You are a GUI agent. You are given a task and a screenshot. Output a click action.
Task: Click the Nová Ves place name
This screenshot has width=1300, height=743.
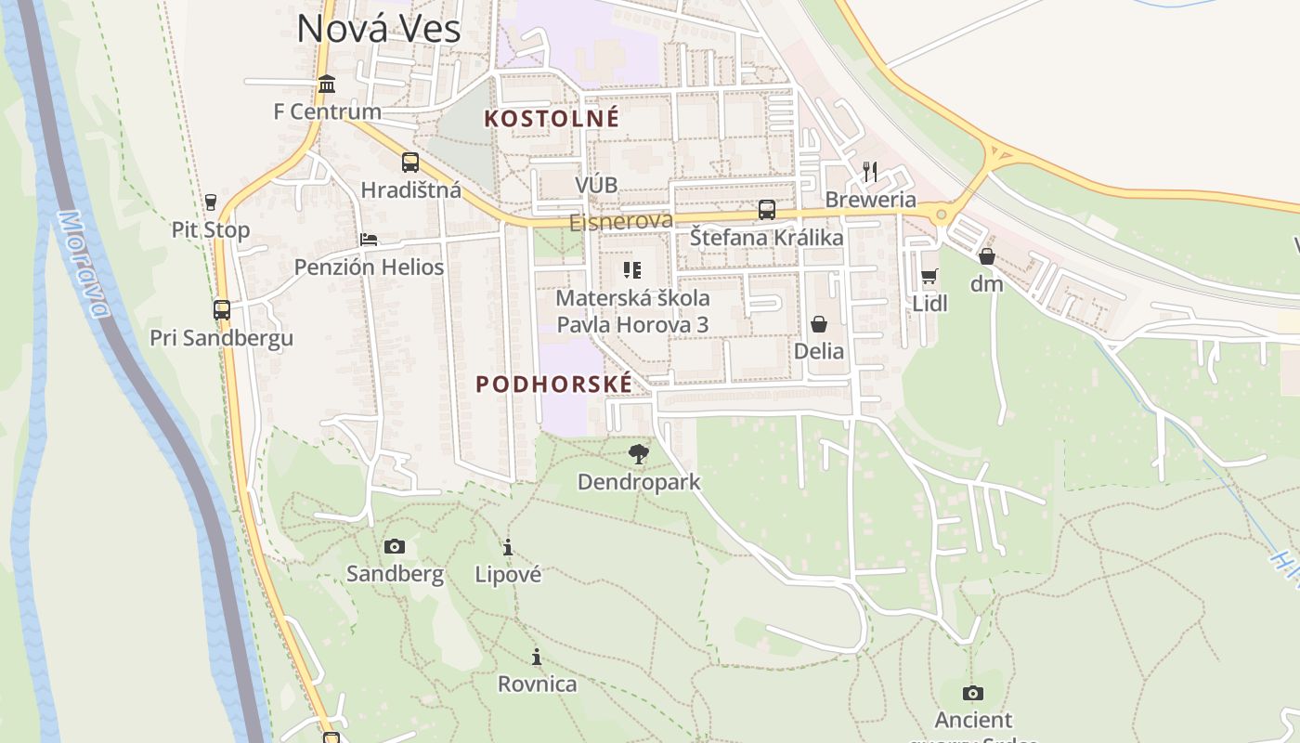[378, 29]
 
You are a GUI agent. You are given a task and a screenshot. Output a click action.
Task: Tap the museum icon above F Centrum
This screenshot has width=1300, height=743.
[327, 85]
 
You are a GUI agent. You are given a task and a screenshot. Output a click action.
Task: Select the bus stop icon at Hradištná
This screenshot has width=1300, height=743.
[410, 163]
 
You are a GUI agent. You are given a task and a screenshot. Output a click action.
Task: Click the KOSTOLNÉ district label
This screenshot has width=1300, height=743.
[552, 119]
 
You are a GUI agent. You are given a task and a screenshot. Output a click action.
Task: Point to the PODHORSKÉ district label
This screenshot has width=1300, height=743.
[554, 384]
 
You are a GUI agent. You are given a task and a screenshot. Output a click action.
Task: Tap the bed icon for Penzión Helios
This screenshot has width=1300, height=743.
[369, 240]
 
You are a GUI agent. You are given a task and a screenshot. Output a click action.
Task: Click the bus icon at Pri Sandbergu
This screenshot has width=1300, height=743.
[222, 310]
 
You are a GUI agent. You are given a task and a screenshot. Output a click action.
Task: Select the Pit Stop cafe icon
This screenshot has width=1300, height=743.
[211, 202]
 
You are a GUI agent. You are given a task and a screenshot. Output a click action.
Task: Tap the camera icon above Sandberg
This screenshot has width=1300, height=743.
[395, 546]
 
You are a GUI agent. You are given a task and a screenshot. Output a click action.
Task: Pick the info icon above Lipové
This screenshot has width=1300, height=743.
[508, 547]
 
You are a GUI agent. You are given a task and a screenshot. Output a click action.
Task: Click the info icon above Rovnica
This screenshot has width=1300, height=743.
[537, 657]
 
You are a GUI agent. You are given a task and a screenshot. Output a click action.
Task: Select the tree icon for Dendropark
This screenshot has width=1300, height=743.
[638, 454]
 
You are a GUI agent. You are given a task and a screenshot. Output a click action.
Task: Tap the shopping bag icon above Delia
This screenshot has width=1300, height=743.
[819, 324]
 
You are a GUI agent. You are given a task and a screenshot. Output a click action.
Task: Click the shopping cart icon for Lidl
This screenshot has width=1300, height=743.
[929, 276]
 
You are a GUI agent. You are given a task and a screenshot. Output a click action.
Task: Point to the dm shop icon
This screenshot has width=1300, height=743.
[987, 256]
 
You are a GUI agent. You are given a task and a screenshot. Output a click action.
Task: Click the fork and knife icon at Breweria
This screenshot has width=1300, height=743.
[870, 172]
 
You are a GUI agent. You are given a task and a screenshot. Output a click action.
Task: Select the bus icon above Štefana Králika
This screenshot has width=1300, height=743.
[766, 210]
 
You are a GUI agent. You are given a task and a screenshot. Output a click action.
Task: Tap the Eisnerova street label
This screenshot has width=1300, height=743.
[620, 221]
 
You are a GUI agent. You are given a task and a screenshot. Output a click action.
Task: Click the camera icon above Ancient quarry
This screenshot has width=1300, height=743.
[973, 693]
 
